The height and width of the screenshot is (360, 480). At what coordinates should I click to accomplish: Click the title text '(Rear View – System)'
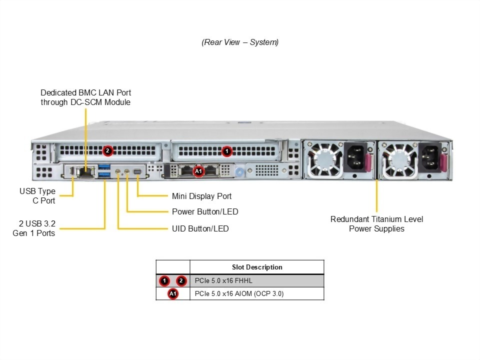(240, 42)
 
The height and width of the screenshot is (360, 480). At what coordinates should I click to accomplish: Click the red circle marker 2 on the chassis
(107, 150)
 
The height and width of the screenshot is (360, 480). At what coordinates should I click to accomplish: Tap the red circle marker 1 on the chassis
(226, 150)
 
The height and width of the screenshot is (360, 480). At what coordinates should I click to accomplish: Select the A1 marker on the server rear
(198, 171)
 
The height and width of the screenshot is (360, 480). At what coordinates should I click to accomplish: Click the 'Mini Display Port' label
(201, 196)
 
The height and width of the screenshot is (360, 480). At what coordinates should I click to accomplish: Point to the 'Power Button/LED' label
(205, 212)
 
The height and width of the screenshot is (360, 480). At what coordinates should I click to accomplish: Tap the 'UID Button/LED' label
(200, 229)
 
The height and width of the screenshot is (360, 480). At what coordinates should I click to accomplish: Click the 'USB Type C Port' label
(37, 196)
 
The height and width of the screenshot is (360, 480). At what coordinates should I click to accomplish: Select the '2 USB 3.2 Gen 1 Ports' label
(34, 228)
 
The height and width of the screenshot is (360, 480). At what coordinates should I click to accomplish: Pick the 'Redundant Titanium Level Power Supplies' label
(376, 224)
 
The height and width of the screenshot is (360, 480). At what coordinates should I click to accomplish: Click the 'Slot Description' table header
(257, 267)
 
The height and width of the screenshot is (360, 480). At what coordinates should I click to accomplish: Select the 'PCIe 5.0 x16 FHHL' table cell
(223, 280)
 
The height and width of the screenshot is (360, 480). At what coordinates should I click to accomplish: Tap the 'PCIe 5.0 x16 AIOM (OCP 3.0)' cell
(239, 293)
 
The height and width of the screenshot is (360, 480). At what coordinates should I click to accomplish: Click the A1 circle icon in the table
(173, 293)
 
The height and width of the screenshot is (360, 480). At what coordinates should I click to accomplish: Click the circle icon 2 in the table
(181, 280)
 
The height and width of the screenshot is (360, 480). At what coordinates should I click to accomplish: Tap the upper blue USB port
(104, 166)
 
